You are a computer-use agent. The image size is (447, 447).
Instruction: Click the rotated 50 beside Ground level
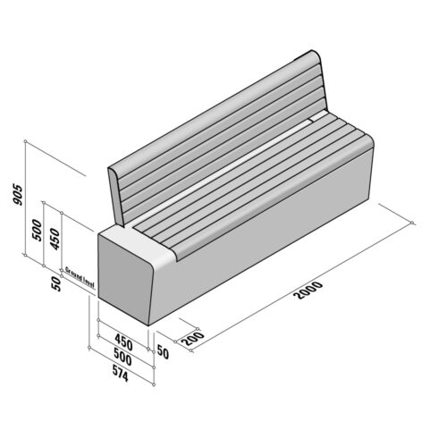tap(56, 283)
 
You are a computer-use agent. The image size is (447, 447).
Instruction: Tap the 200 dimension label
tap(189, 339)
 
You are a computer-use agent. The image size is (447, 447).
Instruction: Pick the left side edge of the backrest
tap(114, 193)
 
